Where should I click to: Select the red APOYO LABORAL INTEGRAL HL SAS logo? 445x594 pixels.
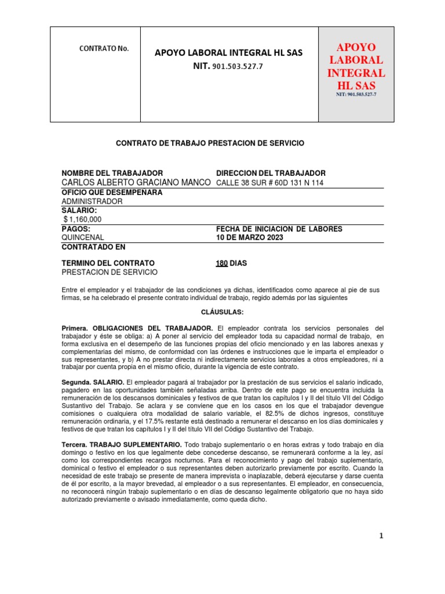pyautogui.click(x=356, y=67)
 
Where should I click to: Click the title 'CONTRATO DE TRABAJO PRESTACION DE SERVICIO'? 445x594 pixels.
pyautogui.click(x=210, y=143)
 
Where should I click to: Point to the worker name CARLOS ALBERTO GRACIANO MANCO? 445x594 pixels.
pyautogui.click(x=136, y=183)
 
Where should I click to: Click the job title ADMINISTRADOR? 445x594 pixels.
pyautogui.click(x=92, y=201)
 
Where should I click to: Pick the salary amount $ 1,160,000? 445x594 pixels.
pyautogui.click(x=82, y=219)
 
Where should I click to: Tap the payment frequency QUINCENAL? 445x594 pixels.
pyautogui.click(x=83, y=238)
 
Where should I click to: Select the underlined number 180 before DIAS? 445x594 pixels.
pyautogui.click(x=221, y=263)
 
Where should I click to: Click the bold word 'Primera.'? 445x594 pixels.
pyautogui.click(x=75, y=328)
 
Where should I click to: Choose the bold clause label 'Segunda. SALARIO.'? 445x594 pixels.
pyautogui.click(x=93, y=382)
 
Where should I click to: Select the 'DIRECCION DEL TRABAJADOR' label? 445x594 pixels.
pyautogui.click(x=270, y=173)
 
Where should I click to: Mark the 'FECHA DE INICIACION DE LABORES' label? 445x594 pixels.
pyautogui.click(x=279, y=229)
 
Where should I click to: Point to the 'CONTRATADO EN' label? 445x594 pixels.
pyautogui.click(x=93, y=247)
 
